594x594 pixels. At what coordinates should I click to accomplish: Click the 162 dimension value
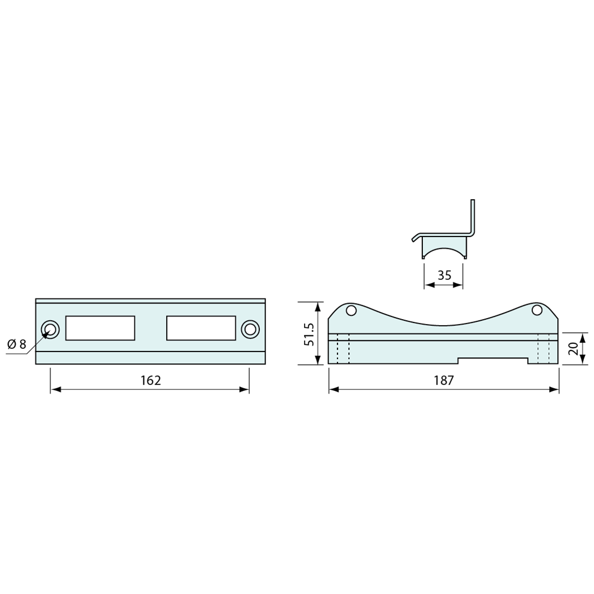point(151,380)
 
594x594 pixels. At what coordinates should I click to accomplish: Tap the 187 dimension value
point(443,380)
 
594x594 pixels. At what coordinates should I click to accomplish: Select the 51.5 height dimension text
point(308,334)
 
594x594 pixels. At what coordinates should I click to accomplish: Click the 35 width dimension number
point(444,275)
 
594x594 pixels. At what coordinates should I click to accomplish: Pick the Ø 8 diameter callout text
point(17,345)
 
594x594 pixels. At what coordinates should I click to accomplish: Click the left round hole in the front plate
point(50,329)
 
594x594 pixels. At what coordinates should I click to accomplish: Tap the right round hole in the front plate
point(250,329)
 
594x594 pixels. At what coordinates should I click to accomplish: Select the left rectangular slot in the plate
point(100,328)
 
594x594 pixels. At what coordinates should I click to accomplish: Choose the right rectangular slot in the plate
point(201,328)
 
